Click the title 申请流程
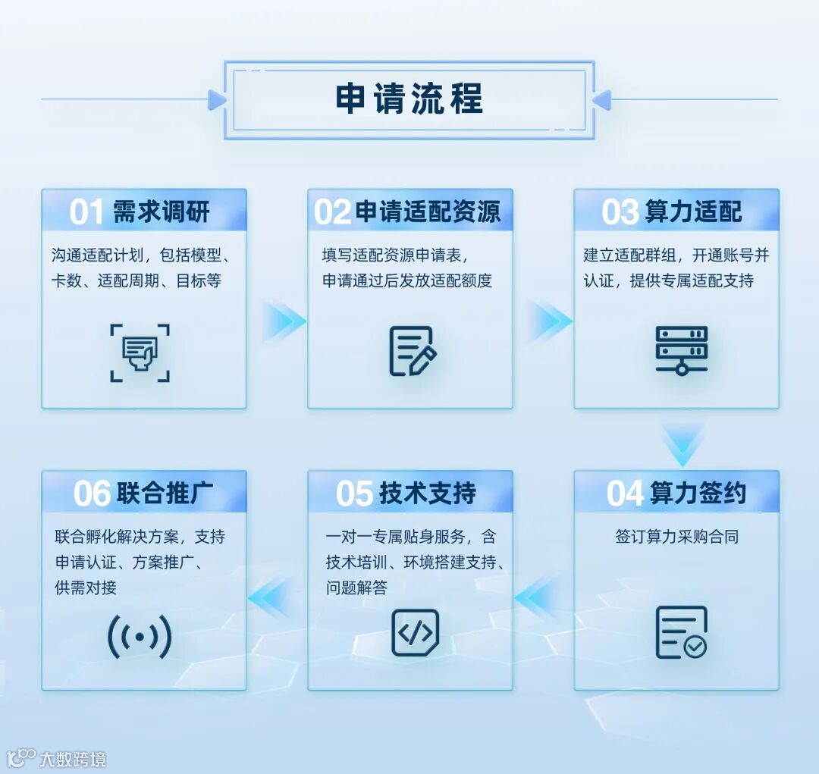click(x=409, y=99)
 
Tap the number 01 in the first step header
click(x=86, y=212)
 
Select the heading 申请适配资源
click(x=428, y=212)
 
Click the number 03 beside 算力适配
click(x=620, y=213)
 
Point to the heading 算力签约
click(x=698, y=494)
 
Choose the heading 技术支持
click(x=428, y=494)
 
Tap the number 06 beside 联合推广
click(x=92, y=494)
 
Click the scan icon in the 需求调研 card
click(x=140, y=353)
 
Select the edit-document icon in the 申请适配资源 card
click(x=412, y=351)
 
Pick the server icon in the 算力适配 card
click(x=681, y=350)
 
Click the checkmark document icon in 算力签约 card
click(x=681, y=632)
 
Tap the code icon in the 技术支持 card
click(x=415, y=632)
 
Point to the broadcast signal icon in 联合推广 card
click(x=140, y=637)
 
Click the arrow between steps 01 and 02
click(x=283, y=321)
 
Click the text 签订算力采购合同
click(x=676, y=537)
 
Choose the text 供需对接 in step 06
click(x=86, y=588)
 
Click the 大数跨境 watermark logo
click(x=56, y=758)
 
